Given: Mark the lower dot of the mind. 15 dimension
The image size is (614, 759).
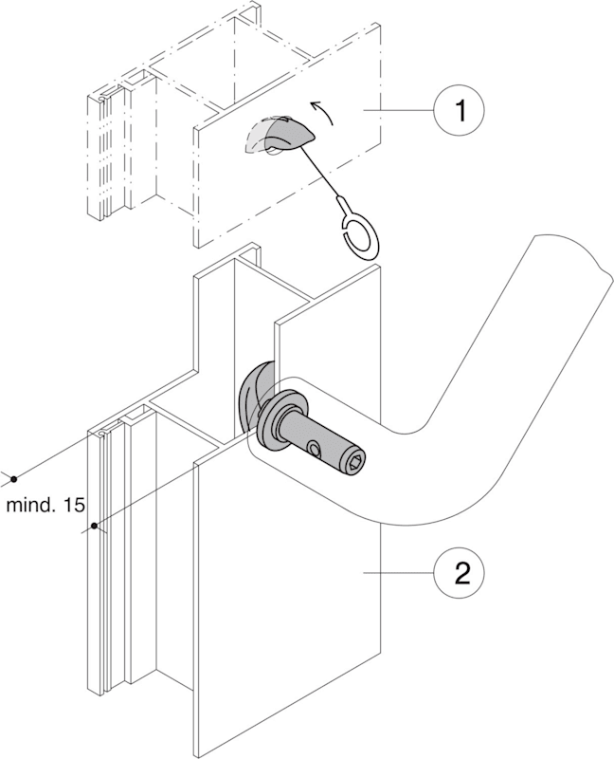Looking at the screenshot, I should [95, 525].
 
